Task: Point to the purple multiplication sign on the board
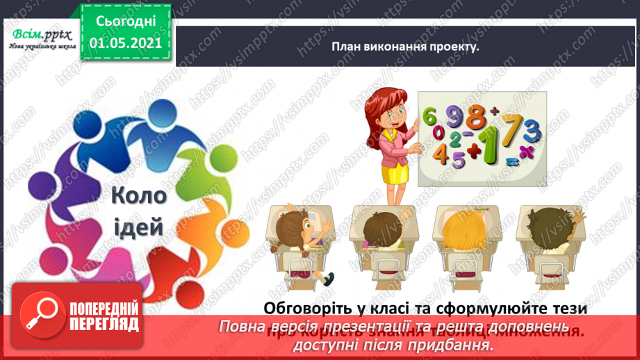coord(528,150)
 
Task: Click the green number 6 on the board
coord(429,115)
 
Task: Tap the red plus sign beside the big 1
coord(474,147)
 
